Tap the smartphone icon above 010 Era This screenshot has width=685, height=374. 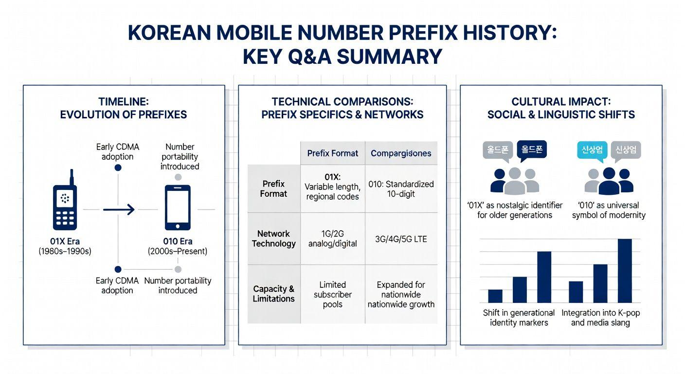pyautogui.click(x=178, y=207)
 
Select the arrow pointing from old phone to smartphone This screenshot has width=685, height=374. pyautogui.click(x=119, y=210)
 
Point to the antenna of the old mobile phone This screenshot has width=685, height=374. pyautogui.click(x=72, y=177)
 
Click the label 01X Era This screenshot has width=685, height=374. pyautogui.click(x=65, y=242)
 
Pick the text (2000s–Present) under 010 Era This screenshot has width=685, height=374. pyautogui.click(x=178, y=252)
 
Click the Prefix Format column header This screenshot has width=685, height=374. pyautogui.click(x=332, y=153)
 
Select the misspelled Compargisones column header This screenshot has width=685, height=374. pyautogui.click(x=401, y=153)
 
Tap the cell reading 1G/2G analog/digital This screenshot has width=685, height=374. pyautogui.click(x=332, y=239)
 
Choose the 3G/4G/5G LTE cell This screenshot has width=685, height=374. pyautogui.click(x=401, y=239)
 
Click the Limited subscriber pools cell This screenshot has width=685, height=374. pyautogui.click(x=332, y=295)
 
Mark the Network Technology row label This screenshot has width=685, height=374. pyautogui.click(x=273, y=239)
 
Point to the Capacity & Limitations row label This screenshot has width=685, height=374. pyautogui.click(x=273, y=294)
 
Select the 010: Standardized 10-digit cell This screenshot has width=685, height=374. pyautogui.click(x=401, y=189)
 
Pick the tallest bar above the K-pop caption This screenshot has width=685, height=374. pyautogui.click(x=625, y=271)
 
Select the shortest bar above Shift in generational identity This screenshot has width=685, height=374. pyautogui.click(x=495, y=296)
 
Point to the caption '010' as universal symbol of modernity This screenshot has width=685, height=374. pyautogui.click(x=609, y=210)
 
